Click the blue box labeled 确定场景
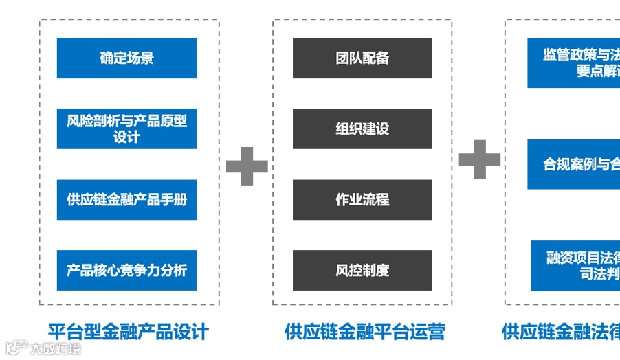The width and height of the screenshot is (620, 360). pyautogui.click(x=126, y=58)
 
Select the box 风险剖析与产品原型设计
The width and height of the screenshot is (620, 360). pyautogui.click(x=126, y=128)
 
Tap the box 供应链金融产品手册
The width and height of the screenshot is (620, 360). pyautogui.click(x=126, y=200)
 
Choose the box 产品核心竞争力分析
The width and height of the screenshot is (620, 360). pyautogui.click(x=126, y=270)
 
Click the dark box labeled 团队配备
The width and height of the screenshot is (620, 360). pyautogui.click(x=362, y=58)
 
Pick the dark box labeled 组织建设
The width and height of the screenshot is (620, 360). pyautogui.click(x=362, y=128)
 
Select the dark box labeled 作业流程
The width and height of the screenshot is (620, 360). pyautogui.click(x=362, y=200)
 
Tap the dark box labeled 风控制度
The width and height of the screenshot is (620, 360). pyautogui.click(x=362, y=270)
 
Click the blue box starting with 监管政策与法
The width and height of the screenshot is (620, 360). pyautogui.click(x=575, y=63)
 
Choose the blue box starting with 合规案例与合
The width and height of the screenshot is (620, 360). pyautogui.click(x=575, y=164)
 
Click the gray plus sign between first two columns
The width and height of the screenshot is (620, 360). pyautogui.click(x=247, y=165)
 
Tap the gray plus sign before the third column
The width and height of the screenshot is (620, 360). pyautogui.click(x=480, y=160)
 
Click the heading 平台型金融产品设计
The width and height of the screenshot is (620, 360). pyautogui.click(x=129, y=332)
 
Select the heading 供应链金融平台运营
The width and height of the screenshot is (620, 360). pyautogui.click(x=365, y=332)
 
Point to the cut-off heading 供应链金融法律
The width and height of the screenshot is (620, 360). pyautogui.click(x=560, y=332)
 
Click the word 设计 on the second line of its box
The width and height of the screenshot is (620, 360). pyautogui.click(x=126, y=137)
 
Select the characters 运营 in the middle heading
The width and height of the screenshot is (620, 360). pyautogui.click(x=430, y=332)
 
